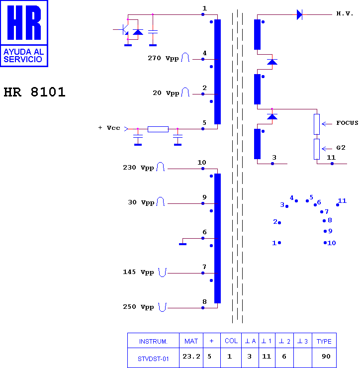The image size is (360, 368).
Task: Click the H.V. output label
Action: pos(345,13)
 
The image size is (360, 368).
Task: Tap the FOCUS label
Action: pos(347,123)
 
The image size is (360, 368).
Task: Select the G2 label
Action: pos(341,148)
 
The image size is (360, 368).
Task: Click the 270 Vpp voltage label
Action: pos(163,58)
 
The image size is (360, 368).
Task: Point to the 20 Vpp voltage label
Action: pos(166,93)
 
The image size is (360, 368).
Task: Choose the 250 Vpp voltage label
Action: pos(138,307)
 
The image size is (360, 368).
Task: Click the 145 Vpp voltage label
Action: pos(138,272)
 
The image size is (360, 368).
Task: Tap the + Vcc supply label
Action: pos(109,128)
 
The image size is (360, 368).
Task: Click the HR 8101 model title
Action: pos(34,92)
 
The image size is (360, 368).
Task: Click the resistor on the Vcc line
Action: pos(158,129)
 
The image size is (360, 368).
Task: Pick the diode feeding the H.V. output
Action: pos(299,14)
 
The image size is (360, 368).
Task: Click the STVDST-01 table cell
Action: pos(153,359)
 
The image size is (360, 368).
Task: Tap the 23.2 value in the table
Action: pos(191,357)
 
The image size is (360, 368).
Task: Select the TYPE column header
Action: pos(324,341)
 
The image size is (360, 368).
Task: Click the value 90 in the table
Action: pos(326,357)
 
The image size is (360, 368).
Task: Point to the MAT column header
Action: pos(191,341)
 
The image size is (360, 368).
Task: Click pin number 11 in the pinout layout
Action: pos(342,201)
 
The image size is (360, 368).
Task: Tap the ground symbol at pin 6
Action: pos(182,244)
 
